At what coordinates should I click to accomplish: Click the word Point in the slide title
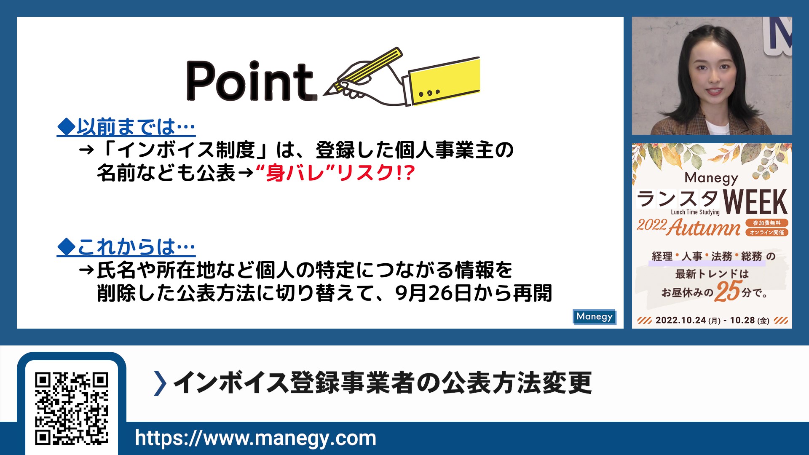tap(251, 82)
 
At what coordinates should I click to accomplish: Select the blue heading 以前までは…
tap(126, 127)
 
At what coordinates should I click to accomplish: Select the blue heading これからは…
tap(126, 247)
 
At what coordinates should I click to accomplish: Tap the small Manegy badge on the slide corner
tap(594, 316)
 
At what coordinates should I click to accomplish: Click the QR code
tap(72, 408)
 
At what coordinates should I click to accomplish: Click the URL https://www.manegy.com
tap(255, 438)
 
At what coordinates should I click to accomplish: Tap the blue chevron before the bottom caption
tap(160, 383)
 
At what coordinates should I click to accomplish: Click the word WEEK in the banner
tap(755, 202)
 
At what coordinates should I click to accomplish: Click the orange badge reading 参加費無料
tap(767, 223)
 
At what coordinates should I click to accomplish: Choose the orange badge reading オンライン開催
tap(767, 232)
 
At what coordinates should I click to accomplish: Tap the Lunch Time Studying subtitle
tap(695, 212)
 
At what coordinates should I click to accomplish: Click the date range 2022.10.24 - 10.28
tap(712, 321)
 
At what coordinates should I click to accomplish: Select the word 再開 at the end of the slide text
tap(532, 293)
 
